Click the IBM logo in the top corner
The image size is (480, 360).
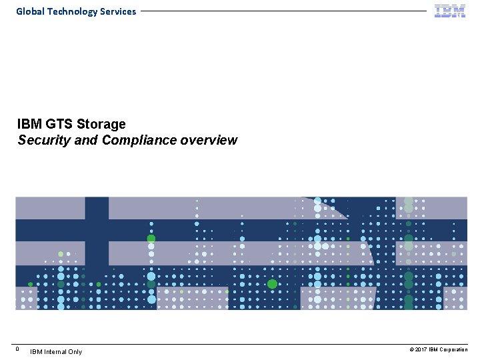click(450, 11)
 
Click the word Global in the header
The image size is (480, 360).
click(29, 11)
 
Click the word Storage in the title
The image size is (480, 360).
click(101, 124)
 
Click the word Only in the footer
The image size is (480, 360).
click(75, 351)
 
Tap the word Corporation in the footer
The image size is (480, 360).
click(455, 350)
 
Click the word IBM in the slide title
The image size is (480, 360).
click(29, 124)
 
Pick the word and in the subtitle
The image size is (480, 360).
click(83, 140)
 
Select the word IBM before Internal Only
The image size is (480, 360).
click(37, 351)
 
